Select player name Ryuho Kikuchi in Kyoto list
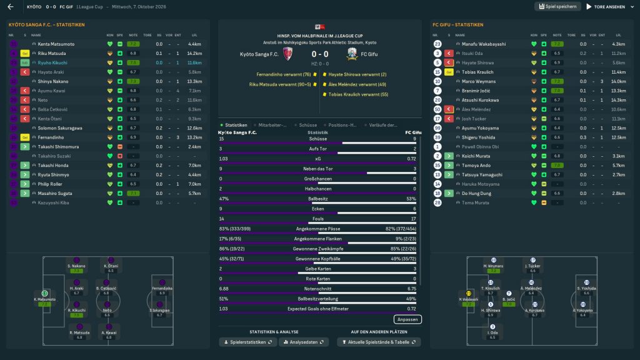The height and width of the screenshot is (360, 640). [x=52, y=62]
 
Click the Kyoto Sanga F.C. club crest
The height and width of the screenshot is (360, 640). [x=287, y=54]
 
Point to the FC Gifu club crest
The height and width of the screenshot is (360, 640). [x=352, y=54]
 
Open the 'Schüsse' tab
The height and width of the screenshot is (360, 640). [x=306, y=125]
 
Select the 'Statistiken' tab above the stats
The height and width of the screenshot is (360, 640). [x=236, y=125]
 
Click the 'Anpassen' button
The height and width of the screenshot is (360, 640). [x=407, y=319]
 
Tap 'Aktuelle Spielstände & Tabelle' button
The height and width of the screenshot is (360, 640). [x=379, y=342]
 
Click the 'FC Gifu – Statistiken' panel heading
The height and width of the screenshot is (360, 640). [x=457, y=25]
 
